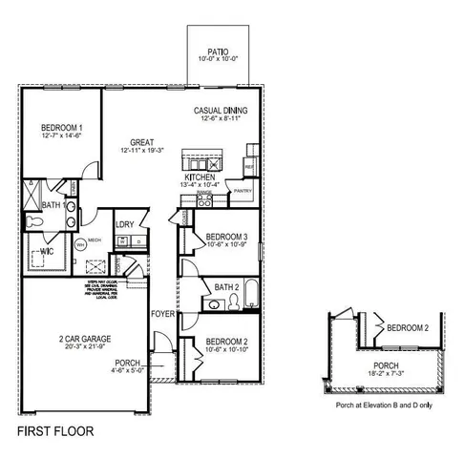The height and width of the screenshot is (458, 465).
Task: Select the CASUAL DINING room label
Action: point(221,110)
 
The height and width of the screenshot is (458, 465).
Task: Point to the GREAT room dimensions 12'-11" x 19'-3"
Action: point(144,151)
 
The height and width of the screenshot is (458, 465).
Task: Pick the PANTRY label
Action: point(242,190)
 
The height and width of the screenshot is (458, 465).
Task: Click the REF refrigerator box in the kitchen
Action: point(249,165)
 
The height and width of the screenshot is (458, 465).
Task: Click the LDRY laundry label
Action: point(124,224)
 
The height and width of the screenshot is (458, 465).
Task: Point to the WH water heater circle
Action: point(81,244)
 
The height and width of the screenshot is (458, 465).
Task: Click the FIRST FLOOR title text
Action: point(56,430)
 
